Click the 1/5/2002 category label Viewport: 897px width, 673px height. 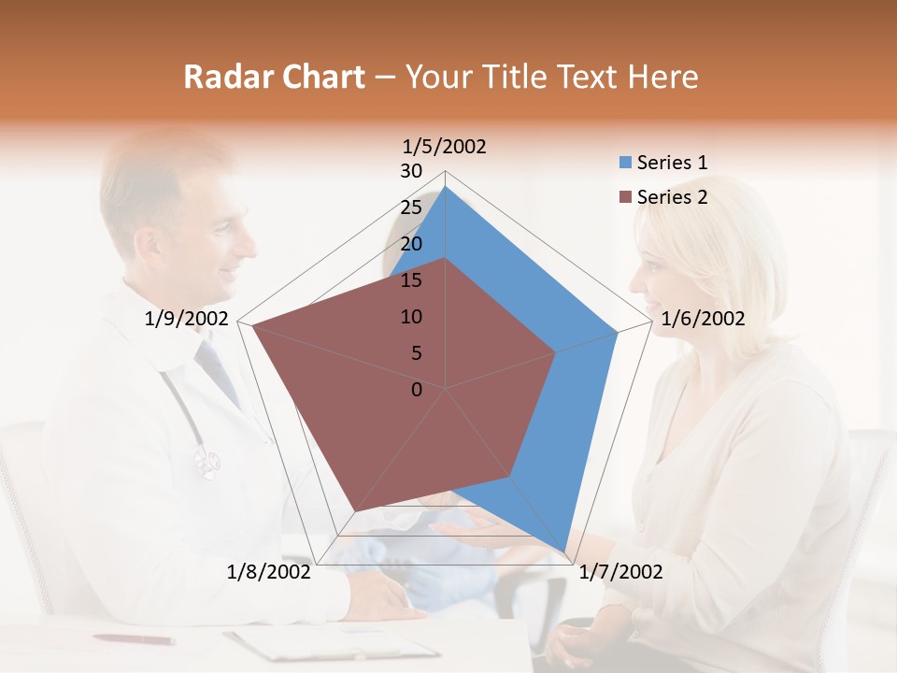[x=444, y=146]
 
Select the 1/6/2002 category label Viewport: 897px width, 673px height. [x=703, y=319]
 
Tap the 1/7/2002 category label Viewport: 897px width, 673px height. [x=620, y=572]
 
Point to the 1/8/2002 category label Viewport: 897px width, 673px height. [x=269, y=572]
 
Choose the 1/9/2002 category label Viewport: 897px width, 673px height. [x=186, y=319]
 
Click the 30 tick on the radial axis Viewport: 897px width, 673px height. [x=411, y=171]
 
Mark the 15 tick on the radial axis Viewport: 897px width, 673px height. [x=411, y=280]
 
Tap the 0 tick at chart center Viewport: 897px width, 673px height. [x=417, y=390]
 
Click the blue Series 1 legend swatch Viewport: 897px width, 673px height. [x=625, y=163]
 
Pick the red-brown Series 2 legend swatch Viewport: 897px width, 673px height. [x=625, y=197]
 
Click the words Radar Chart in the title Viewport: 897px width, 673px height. [x=274, y=77]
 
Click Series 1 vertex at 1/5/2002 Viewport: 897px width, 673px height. [x=446, y=186]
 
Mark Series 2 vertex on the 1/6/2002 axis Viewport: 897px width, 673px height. [x=556, y=352]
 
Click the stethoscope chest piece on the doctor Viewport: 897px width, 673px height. [x=207, y=460]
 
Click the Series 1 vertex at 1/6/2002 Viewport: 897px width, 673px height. [x=618, y=332]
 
